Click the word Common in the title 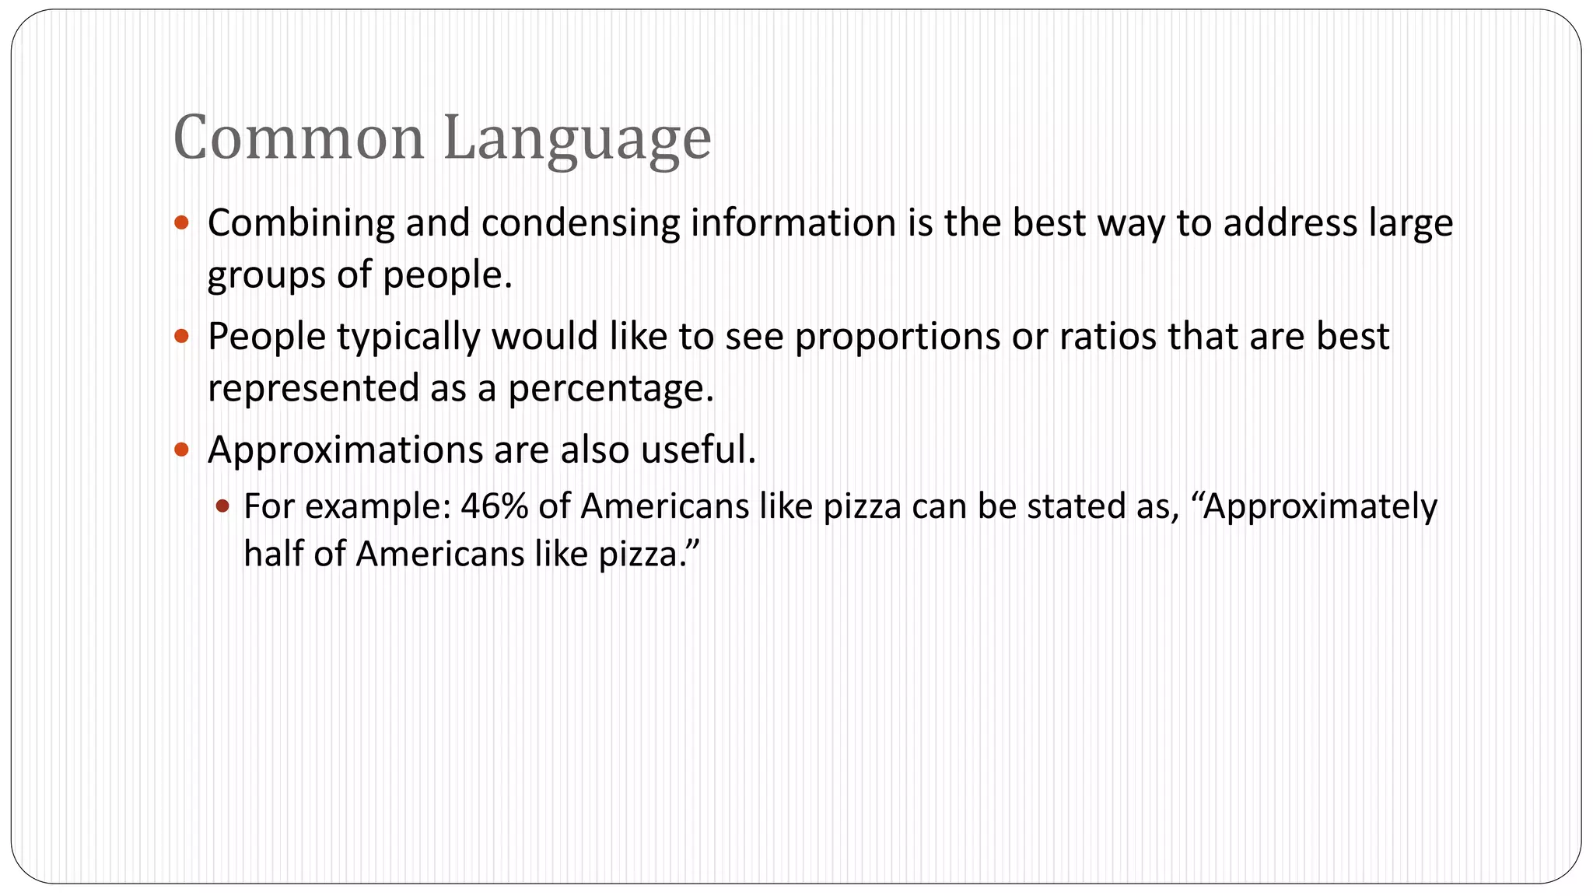(299, 138)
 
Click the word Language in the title (577, 140)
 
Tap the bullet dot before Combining (182, 223)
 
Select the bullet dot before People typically (182, 337)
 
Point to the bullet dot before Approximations (182, 450)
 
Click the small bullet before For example (222, 506)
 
